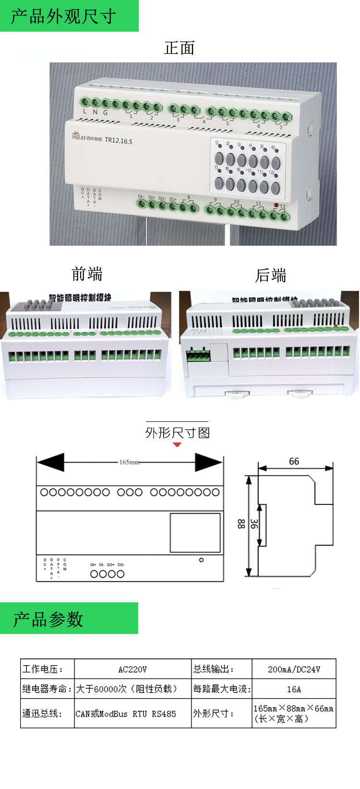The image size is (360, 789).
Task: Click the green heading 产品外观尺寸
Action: (63, 16)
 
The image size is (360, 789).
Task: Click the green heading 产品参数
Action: (48, 619)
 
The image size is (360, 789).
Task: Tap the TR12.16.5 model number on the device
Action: (118, 141)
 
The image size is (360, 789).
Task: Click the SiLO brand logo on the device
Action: (79, 136)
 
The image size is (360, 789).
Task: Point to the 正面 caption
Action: (179, 48)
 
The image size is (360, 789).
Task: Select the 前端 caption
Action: (87, 274)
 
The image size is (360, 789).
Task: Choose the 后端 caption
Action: (271, 275)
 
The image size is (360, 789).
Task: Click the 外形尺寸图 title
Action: (178, 432)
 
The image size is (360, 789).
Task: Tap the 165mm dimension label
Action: (129, 462)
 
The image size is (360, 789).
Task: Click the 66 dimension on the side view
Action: (294, 461)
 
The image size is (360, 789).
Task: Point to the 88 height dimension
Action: (241, 524)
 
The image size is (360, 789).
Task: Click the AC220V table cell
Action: (132, 669)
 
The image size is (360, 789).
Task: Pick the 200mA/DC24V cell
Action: (294, 669)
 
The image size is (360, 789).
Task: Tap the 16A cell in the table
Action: (294, 689)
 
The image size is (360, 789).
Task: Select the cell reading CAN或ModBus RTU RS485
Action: (126, 714)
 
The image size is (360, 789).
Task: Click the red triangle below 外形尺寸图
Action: (177, 444)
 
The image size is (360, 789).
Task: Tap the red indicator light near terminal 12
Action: (276, 205)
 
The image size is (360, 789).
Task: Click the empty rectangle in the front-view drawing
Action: (195, 533)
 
